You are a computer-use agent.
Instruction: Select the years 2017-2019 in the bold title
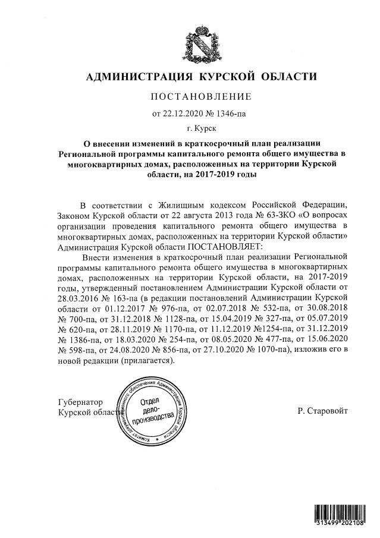pos(224,175)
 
